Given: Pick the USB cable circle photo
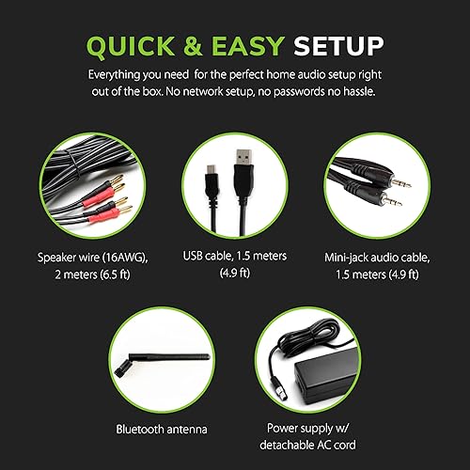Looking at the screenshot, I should click(x=234, y=187).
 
